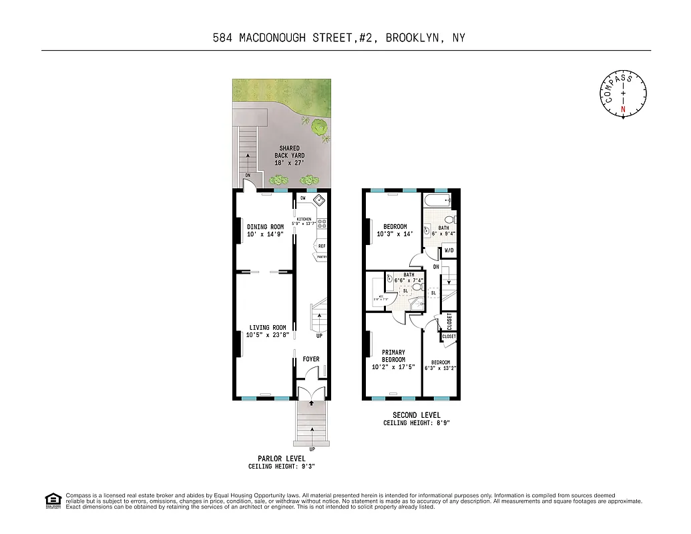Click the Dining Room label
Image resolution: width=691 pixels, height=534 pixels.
coord(265,227)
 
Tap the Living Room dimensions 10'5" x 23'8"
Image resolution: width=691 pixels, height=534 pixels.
coord(267,335)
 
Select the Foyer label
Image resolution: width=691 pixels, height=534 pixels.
coord(311,359)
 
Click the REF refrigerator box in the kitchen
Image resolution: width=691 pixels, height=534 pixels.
coord(322,246)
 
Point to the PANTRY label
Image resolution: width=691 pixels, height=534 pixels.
coord(322,256)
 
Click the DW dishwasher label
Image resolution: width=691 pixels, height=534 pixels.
coord(302,198)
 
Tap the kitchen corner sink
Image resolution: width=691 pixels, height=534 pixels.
coord(319,200)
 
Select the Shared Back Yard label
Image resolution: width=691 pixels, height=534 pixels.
coord(289,148)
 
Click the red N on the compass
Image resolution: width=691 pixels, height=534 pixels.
coord(624,109)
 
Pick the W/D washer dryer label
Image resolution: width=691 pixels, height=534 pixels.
coord(449,251)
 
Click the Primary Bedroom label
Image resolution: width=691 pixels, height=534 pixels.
coord(393,356)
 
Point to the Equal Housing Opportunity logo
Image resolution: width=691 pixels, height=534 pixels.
coord(53,500)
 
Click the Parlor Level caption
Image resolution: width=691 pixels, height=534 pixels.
coord(281,459)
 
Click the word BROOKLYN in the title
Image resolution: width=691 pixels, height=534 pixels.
coord(415,38)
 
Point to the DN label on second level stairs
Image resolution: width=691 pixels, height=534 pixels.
coord(436,267)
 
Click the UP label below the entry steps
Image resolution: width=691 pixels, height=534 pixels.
coord(312,449)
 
